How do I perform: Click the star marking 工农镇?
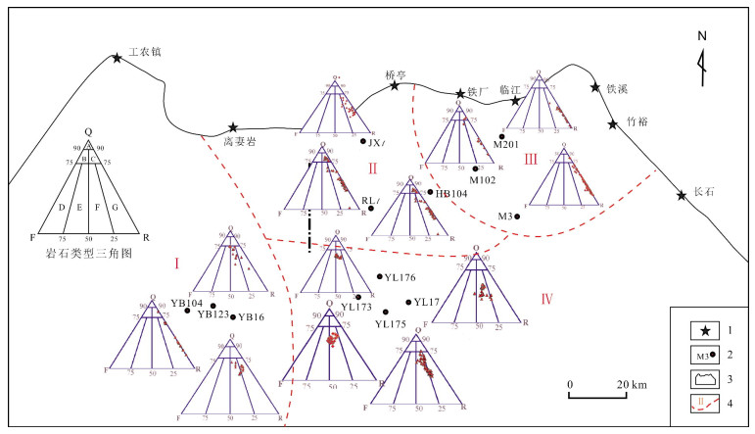pyautogui.click(x=118, y=58)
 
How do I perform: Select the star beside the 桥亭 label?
pyautogui.click(x=395, y=86)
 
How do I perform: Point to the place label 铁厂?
pyautogui.click(x=479, y=95)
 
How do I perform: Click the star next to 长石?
pyautogui.click(x=682, y=196)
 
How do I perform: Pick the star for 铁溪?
pyautogui.click(x=594, y=88)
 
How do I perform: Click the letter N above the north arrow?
pyautogui.click(x=701, y=37)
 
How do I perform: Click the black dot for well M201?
pyautogui.click(x=502, y=136)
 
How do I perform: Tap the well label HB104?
pyautogui.click(x=450, y=194)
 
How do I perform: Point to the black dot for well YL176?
pyautogui.click(x=379, y=277)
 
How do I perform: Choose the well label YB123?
pyautogui.click(x=213, y=314)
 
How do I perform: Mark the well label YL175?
pyautogui.click(x=391, y=323)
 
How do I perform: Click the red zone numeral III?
pyautogui.click(x=531, y=160)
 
